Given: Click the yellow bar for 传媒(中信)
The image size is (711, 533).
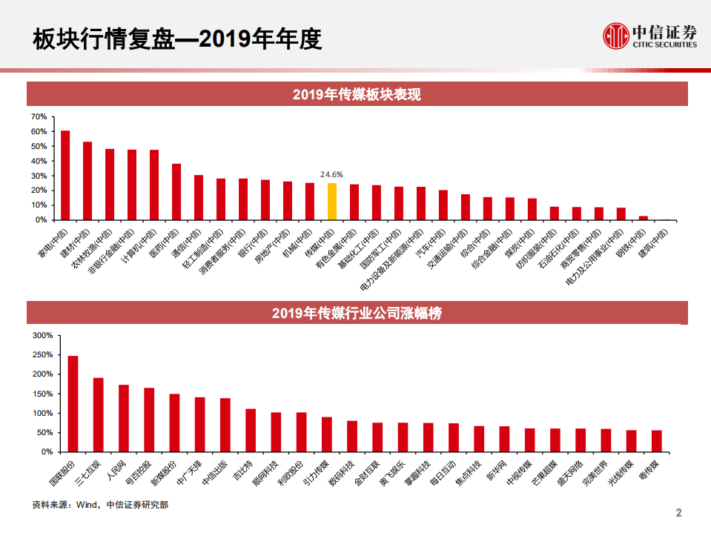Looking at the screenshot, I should point(332,202).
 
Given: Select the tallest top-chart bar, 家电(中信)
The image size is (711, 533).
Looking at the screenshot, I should point(65,176).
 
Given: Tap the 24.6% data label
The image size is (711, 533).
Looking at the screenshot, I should point(331,174).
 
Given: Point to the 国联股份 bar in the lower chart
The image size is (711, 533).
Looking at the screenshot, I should point(73,404).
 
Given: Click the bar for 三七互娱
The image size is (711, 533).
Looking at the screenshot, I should point(98,415).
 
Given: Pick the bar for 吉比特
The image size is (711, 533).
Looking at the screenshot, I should point(251,430).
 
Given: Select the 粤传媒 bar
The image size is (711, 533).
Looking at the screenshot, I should point(656,441).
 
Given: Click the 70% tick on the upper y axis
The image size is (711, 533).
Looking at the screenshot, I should point(39,117).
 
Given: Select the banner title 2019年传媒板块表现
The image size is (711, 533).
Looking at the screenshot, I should point(357,94).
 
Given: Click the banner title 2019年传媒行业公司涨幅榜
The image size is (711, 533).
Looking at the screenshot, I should point(357,313).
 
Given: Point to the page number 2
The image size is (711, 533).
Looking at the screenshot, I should point(678,513).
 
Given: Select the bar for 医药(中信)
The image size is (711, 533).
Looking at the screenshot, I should point(176,192).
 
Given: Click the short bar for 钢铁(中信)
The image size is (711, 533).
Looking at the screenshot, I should point(644,218).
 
